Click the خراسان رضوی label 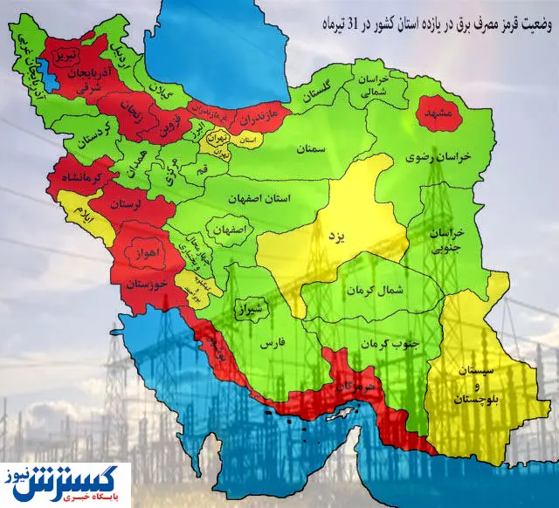[x=442, y=155]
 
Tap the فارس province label [x=267, y=345]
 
